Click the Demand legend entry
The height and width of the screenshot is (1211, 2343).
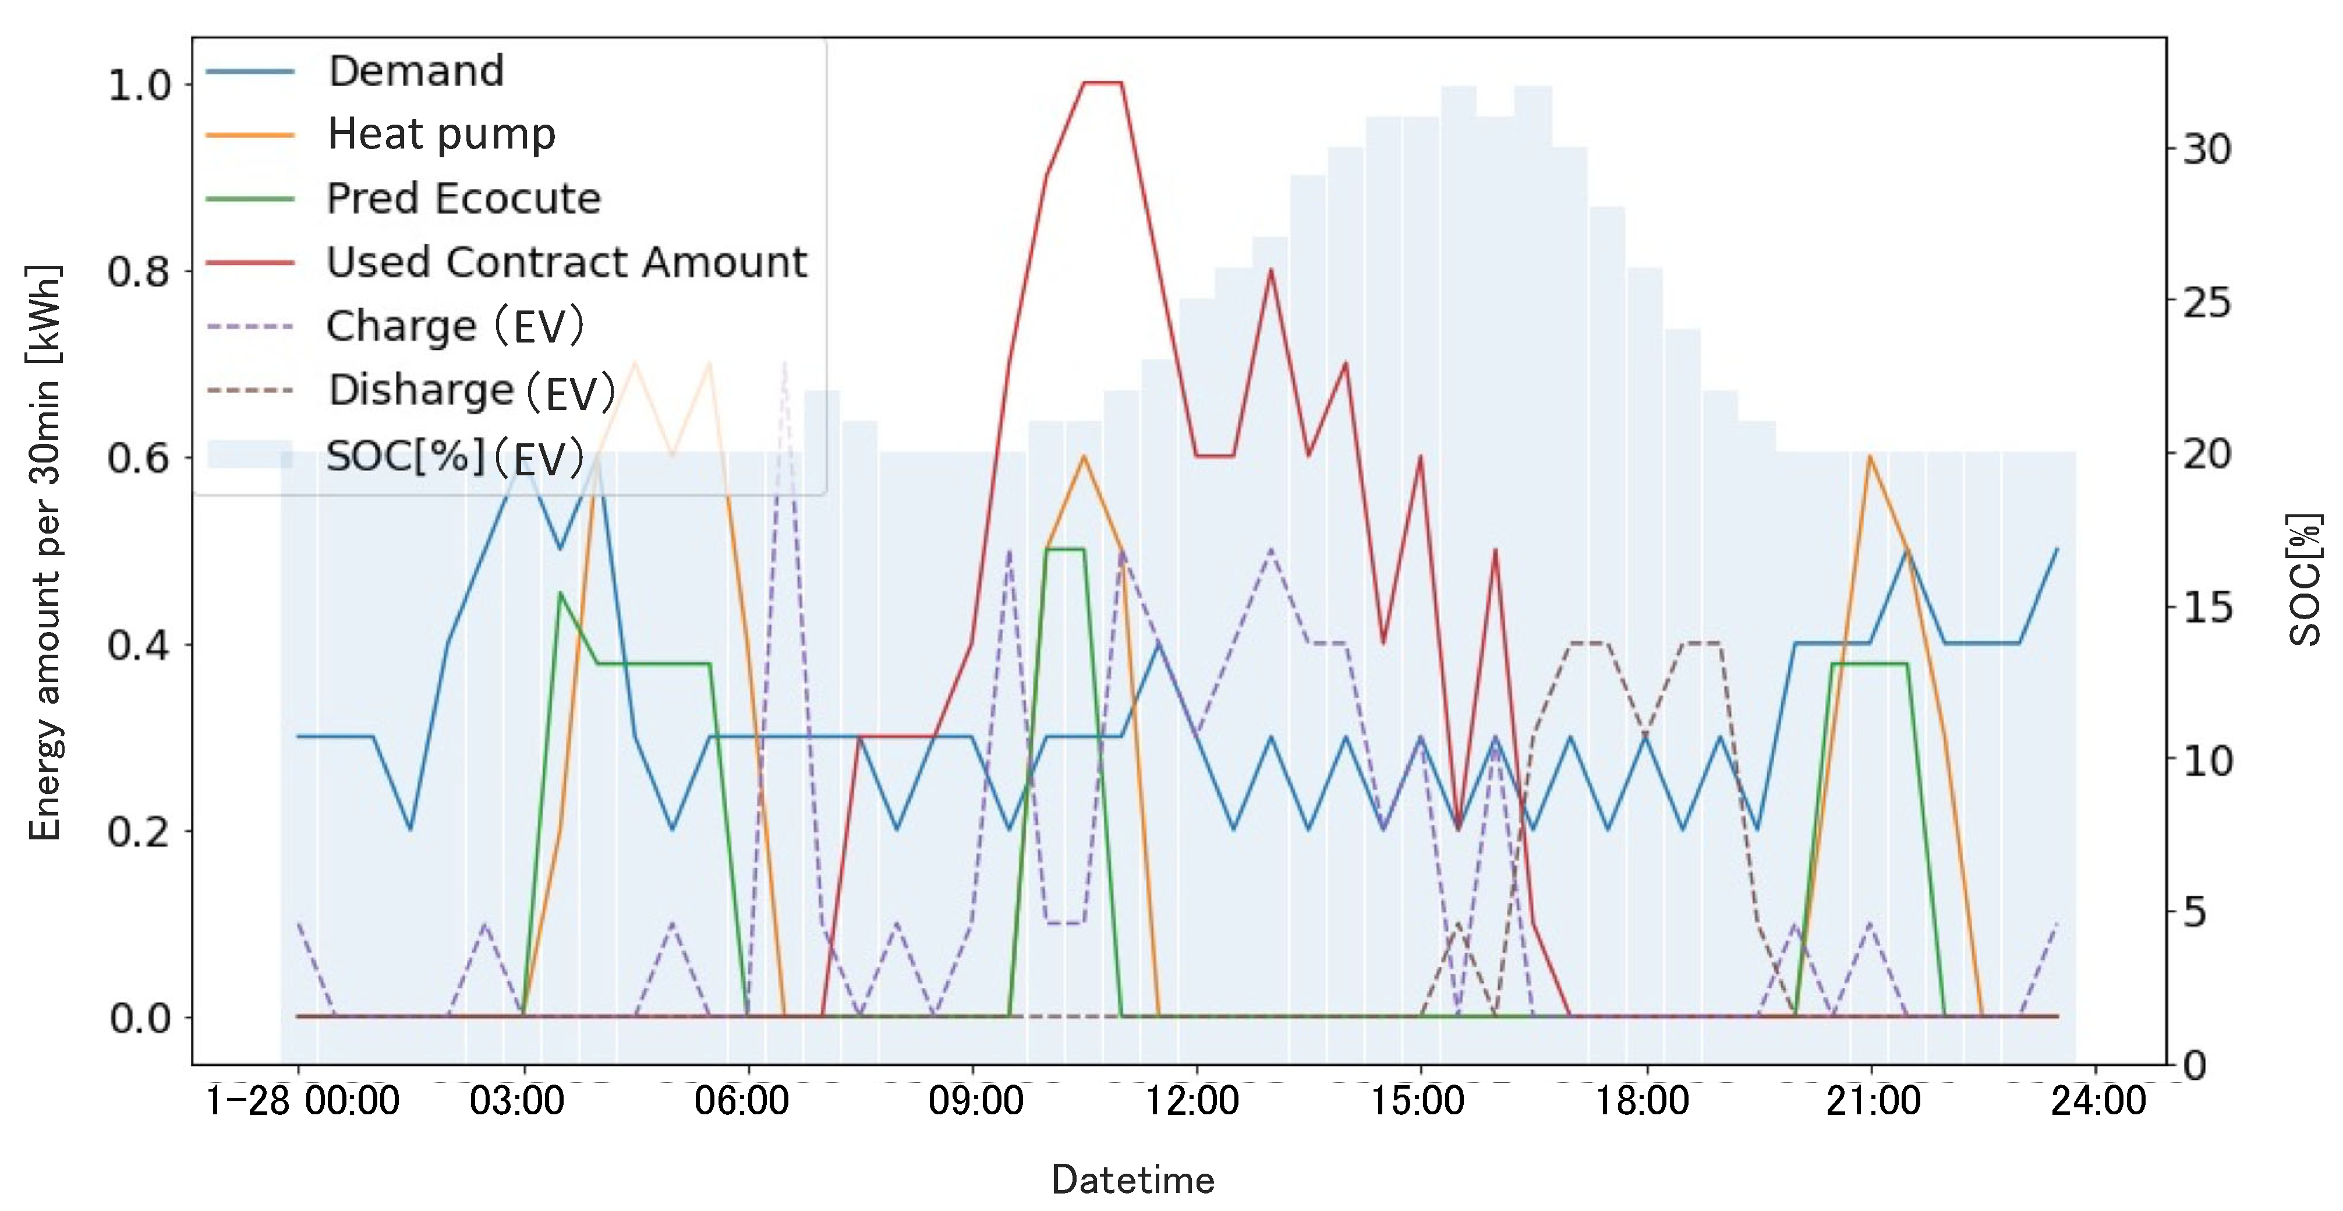point(416,71)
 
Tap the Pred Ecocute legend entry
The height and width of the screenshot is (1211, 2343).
point(463,199)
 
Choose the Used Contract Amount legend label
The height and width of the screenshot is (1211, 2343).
point(566,262)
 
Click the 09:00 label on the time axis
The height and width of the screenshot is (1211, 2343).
point(975,1101)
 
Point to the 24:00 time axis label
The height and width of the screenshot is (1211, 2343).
point(2097,1101)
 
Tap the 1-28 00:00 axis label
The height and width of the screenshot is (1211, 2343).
point(303,1101)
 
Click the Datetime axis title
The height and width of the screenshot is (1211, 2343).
point(1132,1180)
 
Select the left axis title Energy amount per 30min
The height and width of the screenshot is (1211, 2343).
point(45,553)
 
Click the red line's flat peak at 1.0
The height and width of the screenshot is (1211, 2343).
point(1102,83)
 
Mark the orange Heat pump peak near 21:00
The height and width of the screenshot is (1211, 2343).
point(1869,456)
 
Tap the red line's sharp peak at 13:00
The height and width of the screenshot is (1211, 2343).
point(1270,270)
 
